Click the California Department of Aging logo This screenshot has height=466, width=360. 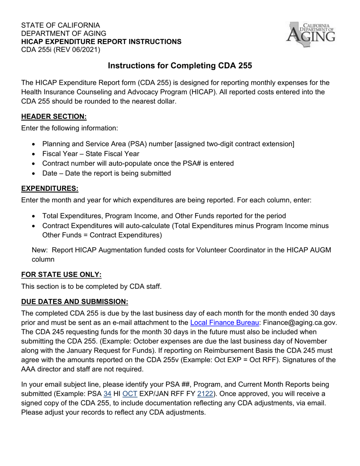tap(310, 34)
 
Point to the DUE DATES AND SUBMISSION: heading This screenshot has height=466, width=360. tap(75, 302)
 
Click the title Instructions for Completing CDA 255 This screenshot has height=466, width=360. tap(180, 66)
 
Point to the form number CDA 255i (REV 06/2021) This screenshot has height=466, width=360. tap(61, 50)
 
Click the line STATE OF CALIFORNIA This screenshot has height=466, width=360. tap(61, 25)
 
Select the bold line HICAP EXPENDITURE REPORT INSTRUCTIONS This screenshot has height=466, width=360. tap(101, 42)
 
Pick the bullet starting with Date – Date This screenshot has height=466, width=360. tap(106, 173)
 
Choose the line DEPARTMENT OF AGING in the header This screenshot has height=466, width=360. tap(64, 33)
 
